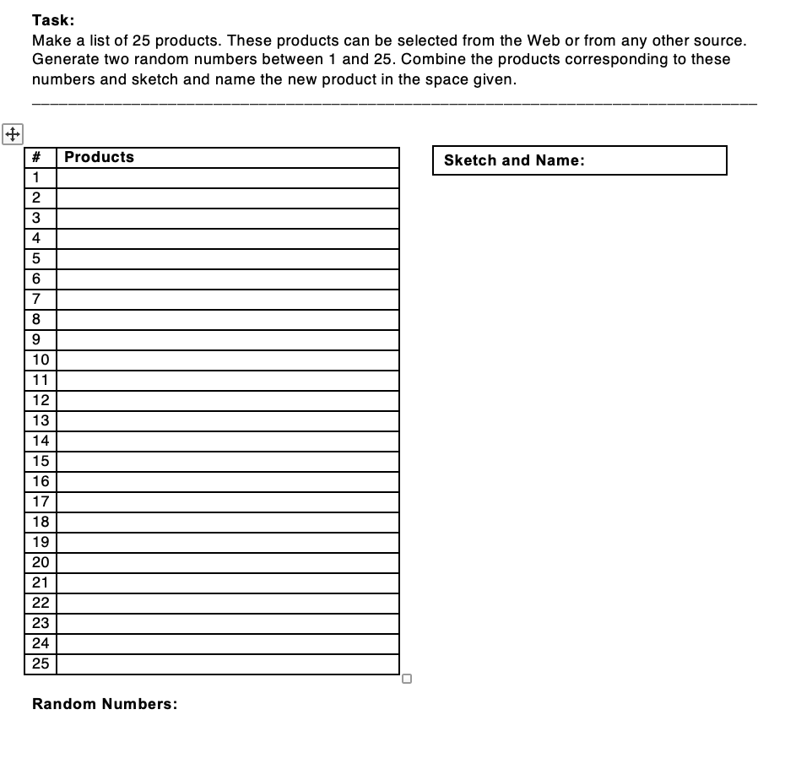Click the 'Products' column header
click(99, 157)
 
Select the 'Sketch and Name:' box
click(579, 160)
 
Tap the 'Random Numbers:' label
click(105, 704)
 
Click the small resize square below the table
click(407, 678)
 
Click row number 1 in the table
click(36, 177)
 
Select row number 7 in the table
click(36, 299)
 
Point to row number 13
click(40, 420)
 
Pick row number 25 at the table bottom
click(40, 664)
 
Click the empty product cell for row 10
click(228, 360)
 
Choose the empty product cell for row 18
click(228, 522)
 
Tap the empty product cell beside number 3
click(228, 218)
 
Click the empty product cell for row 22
click(228, 603)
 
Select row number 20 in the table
click(40, 562)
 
